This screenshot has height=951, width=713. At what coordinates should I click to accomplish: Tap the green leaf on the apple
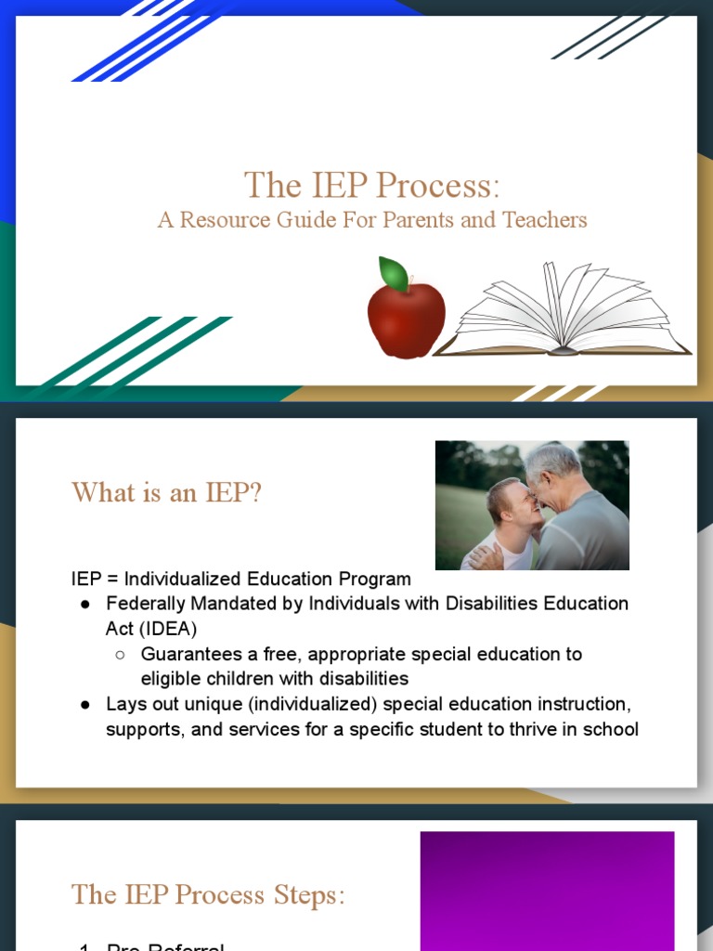click(x=395, y=274)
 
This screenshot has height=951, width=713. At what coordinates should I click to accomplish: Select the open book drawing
click(x=563, y=314)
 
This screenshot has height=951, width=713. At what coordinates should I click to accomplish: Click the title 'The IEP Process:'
click(x=371, y=185)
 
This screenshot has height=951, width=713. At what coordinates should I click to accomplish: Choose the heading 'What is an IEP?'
click(x=167, y=492)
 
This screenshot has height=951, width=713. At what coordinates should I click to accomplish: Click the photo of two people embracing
click(x=532, y=505)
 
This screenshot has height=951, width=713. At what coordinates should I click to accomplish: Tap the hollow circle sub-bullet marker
click(x=121, y=655)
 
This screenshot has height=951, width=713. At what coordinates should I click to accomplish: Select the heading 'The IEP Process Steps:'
click(x=208, y=894)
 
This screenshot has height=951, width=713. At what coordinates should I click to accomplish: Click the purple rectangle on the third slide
click(x=547, y=890)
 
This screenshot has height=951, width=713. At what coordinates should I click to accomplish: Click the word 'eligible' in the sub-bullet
click(x=171, y=679)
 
